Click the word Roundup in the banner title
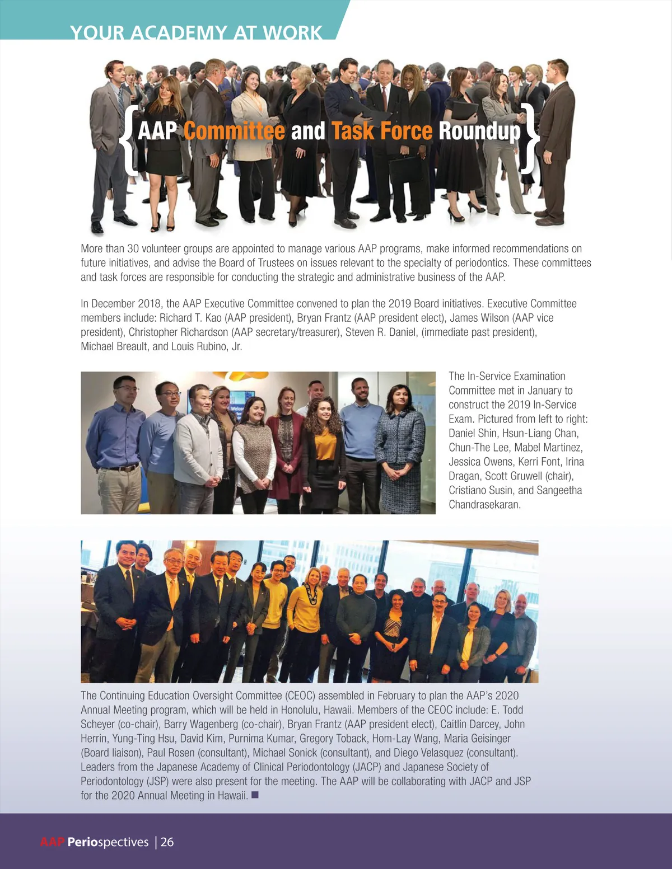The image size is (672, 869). [x=479, y=131]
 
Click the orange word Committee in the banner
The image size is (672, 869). [x=234, y=131]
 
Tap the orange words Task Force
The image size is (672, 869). [x=381, y=131]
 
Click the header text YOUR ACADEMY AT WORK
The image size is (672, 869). [x=196, y=32]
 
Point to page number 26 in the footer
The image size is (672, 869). [x=167, y=842]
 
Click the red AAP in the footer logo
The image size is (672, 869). [x=53, y=842]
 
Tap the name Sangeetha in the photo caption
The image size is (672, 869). [x=559, y=490]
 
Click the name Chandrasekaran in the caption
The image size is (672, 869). [x=484, y=504]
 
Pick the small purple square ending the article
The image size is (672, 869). [x=255, y=795]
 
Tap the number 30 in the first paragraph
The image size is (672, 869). [x=133, y=248]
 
